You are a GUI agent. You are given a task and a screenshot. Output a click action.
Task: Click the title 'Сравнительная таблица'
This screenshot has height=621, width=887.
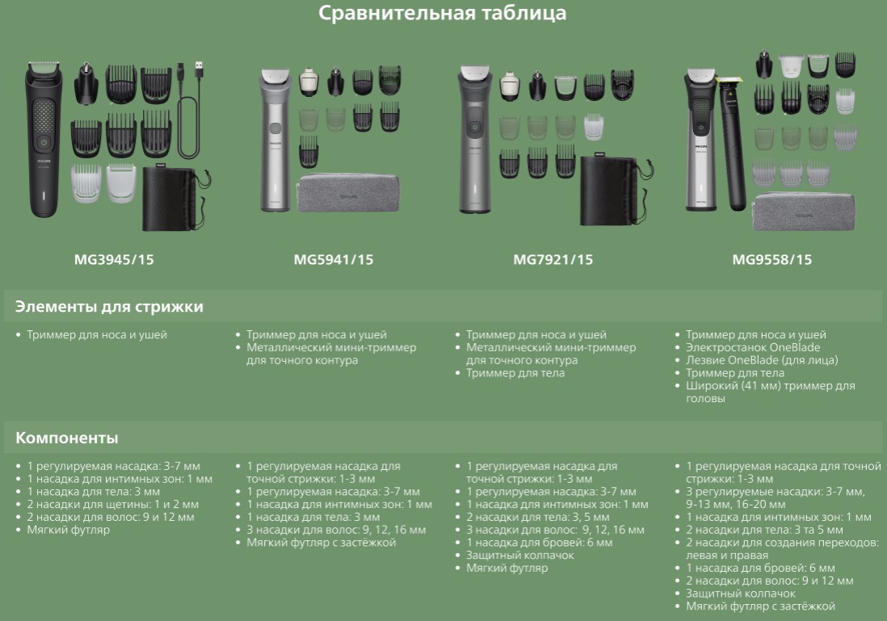pos(443,13)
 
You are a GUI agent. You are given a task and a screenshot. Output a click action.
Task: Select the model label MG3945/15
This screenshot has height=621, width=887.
pos(114,259)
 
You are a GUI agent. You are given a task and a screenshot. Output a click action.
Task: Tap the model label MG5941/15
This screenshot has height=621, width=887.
pos(333,259)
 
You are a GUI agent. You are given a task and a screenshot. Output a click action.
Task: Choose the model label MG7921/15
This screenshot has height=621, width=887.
pos(553,259)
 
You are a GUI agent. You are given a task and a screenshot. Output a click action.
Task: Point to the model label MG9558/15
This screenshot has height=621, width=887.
pos(771,259)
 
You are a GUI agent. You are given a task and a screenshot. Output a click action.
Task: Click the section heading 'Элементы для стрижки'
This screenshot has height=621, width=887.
pos(109,307)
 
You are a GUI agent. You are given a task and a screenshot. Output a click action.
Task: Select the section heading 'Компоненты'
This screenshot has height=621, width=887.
pos(67,438)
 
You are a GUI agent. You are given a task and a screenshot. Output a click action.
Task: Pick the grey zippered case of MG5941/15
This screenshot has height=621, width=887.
pos(348,193)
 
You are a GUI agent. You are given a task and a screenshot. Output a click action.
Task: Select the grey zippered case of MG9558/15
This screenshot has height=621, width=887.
pos(804,212)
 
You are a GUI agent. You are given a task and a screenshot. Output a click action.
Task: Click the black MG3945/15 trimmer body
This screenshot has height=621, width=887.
pos(43,139)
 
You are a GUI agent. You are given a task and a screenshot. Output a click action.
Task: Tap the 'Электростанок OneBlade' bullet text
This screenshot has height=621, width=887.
pos(753,347)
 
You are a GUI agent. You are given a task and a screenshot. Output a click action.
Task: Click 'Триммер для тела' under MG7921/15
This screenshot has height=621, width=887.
pos(515,373)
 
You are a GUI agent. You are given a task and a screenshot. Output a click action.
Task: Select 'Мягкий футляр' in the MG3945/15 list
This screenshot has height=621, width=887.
pos(69,530)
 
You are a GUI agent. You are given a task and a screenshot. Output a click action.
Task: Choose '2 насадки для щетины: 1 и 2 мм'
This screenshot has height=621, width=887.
pos(112,504)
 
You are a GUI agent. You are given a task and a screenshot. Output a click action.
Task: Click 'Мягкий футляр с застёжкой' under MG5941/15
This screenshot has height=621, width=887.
pos(322,543)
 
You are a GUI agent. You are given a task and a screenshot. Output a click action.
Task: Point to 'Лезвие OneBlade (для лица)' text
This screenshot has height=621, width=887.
pos(762,359)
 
